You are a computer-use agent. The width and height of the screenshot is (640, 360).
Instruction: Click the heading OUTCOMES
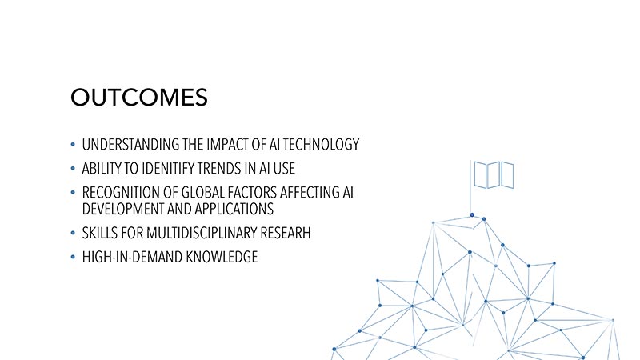[139, 97]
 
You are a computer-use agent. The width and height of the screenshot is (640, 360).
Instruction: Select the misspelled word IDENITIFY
[168, 169]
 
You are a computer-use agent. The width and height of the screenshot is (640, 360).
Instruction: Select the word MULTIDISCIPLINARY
[202, 233]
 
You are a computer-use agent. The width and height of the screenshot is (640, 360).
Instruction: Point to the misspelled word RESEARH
[286, 233]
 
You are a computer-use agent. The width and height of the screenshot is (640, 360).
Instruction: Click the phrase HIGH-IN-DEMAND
[132, 257]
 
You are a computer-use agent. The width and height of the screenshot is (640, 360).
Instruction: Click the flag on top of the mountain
[494, 175]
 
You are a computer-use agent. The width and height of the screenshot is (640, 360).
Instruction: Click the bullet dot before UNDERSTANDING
[73, 144]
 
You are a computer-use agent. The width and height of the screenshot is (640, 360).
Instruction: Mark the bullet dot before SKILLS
[73, 233]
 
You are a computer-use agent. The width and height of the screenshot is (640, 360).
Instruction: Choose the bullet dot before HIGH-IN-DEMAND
[73, 257]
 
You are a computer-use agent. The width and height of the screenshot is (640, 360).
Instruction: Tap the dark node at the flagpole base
[472, 214]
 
